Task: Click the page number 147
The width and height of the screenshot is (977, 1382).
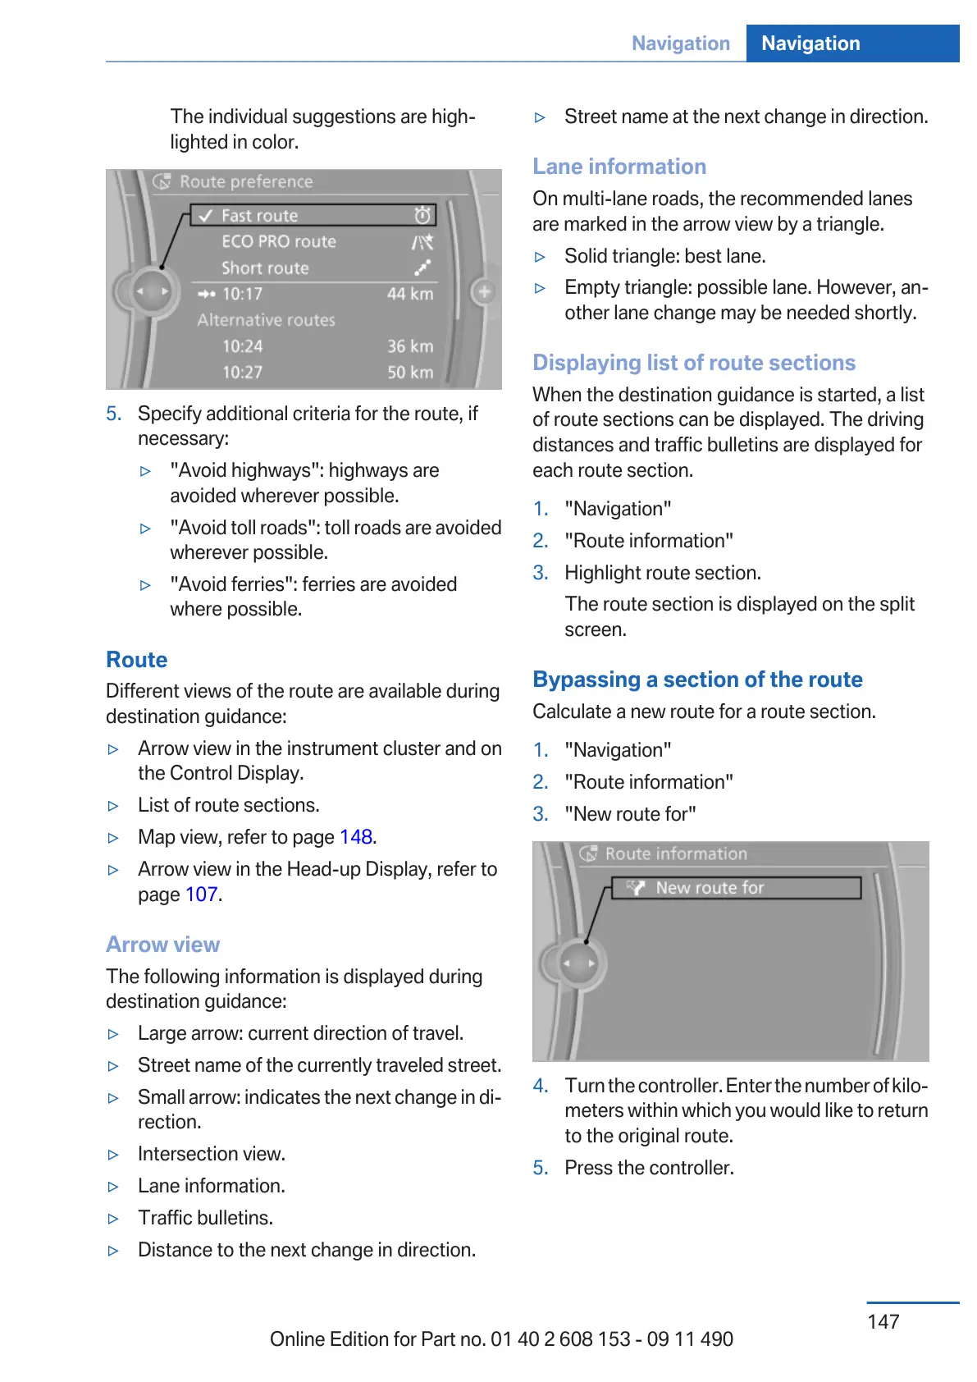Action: [883, 1321]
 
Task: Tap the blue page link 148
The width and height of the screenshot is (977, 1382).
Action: [356, 837]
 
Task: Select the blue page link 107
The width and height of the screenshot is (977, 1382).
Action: [202, 895]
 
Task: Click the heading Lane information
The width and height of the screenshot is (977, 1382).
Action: [619, 167]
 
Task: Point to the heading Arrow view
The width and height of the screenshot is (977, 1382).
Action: [162, 945]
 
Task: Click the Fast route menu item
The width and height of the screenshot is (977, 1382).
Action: [259, 216]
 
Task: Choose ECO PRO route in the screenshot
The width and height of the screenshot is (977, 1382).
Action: [279, 242]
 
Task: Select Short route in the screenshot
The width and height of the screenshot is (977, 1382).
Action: [265, 268]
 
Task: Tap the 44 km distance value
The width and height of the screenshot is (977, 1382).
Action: [410, 294]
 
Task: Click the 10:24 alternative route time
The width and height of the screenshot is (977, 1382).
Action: [243, 346]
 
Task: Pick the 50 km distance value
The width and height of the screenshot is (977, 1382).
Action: [410, 373]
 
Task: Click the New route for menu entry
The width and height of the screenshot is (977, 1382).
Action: [710, 888]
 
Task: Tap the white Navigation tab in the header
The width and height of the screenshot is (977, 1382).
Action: [810, 43]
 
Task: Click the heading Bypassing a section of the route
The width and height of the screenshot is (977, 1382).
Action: [697, 680]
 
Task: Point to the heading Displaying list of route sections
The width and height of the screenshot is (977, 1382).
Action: [694, 363]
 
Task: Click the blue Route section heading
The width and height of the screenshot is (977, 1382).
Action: [137, 660]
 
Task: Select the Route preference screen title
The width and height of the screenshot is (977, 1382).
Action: [246, 181]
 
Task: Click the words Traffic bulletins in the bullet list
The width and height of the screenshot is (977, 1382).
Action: [205, 1218]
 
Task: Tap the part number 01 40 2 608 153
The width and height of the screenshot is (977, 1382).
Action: [560, 1339]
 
